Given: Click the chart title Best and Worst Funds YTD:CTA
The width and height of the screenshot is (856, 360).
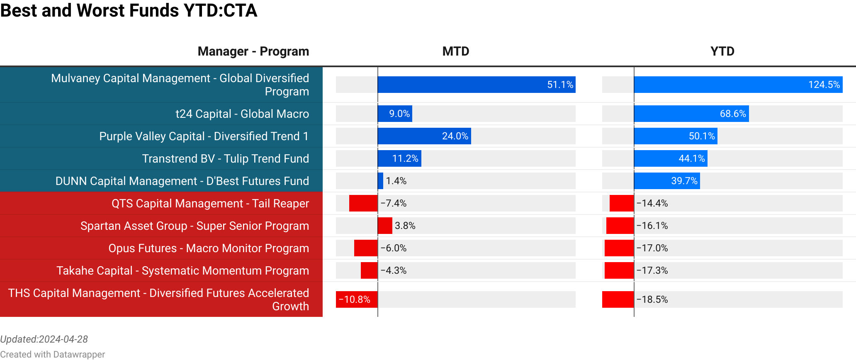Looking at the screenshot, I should [x=129, y=10].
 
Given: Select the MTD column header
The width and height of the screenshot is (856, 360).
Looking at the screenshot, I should [x=455, y=51].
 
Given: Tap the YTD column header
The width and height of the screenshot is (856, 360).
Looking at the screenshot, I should [x=722, y=51].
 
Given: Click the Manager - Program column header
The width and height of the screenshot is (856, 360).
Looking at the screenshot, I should [x=253, y=51].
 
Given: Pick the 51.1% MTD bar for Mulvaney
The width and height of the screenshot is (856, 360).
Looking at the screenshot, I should [x=476, y=85].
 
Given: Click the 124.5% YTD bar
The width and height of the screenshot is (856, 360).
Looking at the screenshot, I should [x=738, y=85].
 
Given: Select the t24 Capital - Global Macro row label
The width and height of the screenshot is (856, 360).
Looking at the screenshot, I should [x=242, y=114].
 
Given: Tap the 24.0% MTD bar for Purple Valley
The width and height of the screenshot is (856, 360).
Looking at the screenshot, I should [x=424, y=136].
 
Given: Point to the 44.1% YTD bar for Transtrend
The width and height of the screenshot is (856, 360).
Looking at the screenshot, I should [x=671, y=158].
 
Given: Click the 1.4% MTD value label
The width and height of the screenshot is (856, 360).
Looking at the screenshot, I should [x=396, y=181].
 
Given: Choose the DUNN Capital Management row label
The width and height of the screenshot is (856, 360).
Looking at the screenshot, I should [x=182, y=181].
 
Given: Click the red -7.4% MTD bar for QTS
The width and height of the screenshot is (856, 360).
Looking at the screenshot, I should [x=363, y=203].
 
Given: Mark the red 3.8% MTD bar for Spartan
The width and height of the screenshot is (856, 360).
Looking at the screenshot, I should [x=385, y=226].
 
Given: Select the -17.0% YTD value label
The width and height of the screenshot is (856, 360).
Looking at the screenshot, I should [x=652, y=248].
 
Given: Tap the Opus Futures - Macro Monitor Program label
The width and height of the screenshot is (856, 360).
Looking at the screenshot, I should [x=209, y=248].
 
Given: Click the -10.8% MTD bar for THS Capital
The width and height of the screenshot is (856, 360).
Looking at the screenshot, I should [x=356, y=299].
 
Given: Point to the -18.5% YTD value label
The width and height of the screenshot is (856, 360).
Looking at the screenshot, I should [x=652, y=299].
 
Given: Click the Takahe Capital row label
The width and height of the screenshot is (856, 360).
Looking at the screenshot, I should [x=182, y=270].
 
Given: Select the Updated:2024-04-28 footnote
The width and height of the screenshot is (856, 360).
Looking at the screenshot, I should [x=44, y=339].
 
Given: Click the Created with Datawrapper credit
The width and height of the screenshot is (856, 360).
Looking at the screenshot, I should [x=52, y=354].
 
